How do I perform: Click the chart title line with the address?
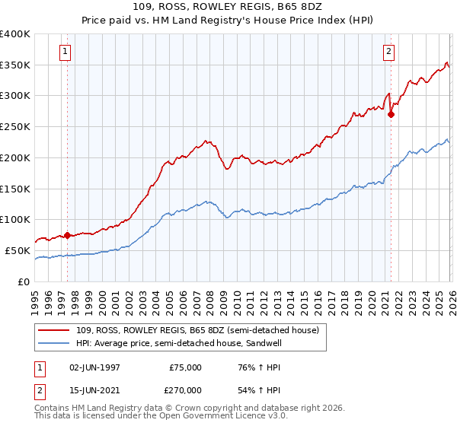coord(228,7)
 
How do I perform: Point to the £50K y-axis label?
coord(18,250)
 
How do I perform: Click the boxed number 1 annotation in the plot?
coord(65,52)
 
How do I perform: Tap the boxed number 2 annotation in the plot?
coord(388,52)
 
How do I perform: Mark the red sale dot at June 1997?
coord(67,235)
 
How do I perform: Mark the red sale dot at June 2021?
coord(391,115)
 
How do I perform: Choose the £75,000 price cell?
coord(186,367)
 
